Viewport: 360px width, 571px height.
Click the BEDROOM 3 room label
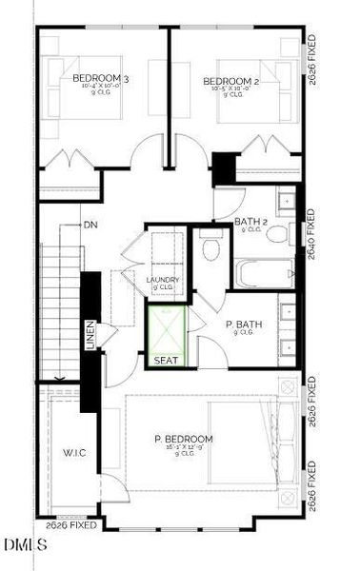point(101,80)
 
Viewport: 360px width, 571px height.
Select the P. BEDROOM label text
point(184,439)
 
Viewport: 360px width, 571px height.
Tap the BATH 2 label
point(250,222)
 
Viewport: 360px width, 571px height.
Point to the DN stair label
point(90,226)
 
